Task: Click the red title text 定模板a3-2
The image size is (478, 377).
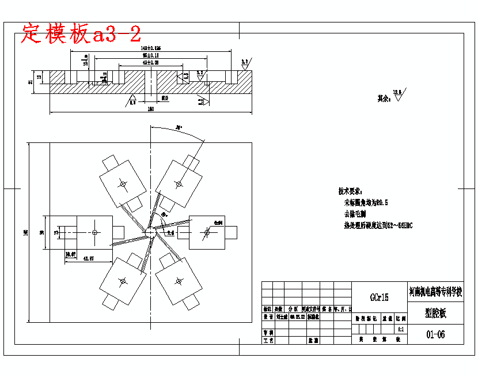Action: point(81,34)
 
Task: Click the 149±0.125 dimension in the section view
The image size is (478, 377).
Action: point(150,48)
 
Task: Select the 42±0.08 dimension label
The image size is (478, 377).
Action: point(150,62)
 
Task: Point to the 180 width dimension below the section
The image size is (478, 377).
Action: point(151,108)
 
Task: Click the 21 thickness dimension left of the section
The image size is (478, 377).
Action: point(31,82)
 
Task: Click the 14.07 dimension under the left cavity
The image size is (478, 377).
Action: point(71,253)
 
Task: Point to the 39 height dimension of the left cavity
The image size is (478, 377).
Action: point(41,232)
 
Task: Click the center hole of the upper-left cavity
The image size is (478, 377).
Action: point(122,183)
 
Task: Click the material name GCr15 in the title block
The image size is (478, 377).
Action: point(379,297)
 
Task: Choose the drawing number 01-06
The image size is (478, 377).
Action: point(435,334)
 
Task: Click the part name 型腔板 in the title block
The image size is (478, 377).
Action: point(435,313)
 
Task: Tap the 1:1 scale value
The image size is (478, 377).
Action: point(400,329)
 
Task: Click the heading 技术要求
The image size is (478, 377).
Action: point(350,191)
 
